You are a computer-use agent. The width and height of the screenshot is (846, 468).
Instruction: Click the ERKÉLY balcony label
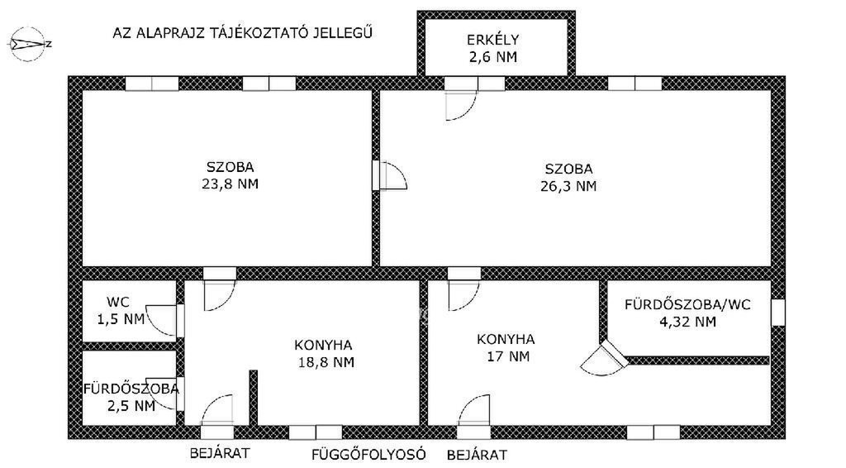492,40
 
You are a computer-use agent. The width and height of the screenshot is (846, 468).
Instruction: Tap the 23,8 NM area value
231,184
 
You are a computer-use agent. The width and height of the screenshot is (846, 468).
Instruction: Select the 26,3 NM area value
568,186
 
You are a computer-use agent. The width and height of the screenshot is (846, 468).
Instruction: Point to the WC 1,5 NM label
121,310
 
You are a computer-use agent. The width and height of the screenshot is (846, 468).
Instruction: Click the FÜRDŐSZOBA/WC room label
688,304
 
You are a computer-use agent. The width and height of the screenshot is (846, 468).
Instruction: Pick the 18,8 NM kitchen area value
326,362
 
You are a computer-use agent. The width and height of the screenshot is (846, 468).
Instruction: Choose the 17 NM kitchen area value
506,357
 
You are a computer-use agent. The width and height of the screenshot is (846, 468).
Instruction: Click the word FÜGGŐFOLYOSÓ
369,455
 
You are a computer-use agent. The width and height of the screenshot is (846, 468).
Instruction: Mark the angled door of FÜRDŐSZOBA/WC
604,358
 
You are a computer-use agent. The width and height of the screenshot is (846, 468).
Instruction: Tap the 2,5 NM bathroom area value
131,406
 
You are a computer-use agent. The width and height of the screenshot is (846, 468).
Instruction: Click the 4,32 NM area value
688,322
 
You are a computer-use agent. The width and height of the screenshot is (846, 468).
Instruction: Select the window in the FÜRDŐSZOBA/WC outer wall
777,313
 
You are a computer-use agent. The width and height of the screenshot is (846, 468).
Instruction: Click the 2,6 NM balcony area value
492,57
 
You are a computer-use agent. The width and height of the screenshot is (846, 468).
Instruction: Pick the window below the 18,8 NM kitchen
316,432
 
